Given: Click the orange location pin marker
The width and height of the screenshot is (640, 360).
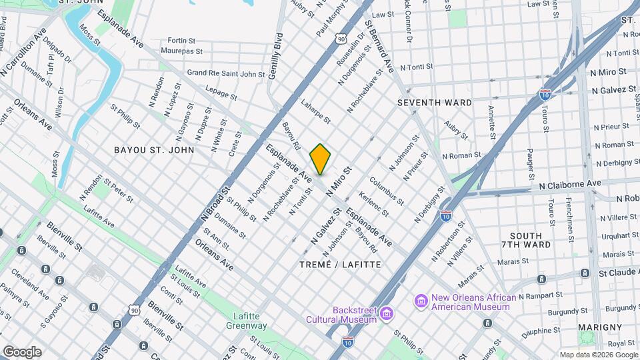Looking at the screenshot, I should pyautogui.click(x=321, y=159).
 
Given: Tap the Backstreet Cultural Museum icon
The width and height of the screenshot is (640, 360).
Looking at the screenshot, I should pyautogui.click(x=387, y=313).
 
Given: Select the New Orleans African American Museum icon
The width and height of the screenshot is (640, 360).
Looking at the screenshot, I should pyautogui.click(x=421, y=302).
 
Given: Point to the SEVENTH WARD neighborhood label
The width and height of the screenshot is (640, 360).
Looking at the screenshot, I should pyautogui.click(x=434, y=103).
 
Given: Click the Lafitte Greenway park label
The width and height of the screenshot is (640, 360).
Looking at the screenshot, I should pyautogui.click(x=250, y=321).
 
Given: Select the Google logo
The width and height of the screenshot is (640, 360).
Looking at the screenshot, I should pyautogui.click(x=21, y=351).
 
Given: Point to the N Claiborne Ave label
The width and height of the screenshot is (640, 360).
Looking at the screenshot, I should pyautogui.click(x=570, y=183).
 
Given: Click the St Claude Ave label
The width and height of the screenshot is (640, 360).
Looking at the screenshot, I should pyautogui.click(x=618, y=273).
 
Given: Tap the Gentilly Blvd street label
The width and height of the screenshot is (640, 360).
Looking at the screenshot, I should pyautogui.click(x=275, y=57).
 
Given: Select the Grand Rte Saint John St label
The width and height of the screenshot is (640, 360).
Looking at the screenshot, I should pyautogui.click(x=226, y=73).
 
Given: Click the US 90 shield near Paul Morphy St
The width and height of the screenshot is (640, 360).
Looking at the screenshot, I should pyautogui.click(x=341, y=39).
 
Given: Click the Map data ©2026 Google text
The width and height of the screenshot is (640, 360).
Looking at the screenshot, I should pyautogui.click(x=597, y=355).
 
